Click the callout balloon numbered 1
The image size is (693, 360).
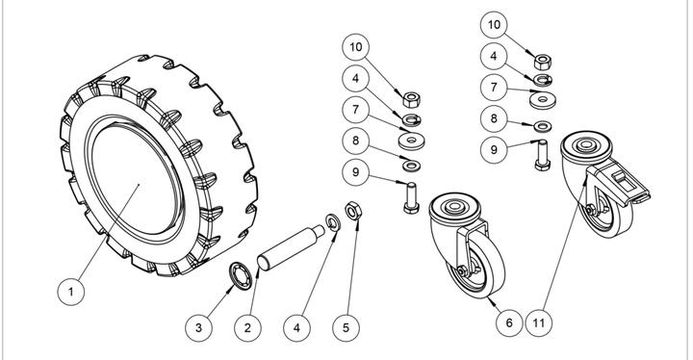70,292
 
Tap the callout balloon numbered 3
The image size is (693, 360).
198,327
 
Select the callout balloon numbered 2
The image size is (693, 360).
247,327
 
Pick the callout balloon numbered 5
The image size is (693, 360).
346,327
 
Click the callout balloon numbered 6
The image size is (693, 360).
509,322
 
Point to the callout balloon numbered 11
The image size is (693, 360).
539,322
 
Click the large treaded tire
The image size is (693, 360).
159,166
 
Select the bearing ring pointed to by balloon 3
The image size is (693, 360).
241,276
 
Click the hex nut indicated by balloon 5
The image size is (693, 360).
353,211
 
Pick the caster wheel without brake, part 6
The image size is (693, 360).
467,244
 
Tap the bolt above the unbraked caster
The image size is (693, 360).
412,198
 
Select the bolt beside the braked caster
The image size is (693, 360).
542,155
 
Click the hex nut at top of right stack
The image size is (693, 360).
542,62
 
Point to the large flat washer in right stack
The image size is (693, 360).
543,100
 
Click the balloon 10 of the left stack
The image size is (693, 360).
356,47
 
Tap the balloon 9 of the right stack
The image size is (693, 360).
494,149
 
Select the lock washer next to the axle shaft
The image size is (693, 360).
333,222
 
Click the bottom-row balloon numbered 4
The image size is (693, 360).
296,327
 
